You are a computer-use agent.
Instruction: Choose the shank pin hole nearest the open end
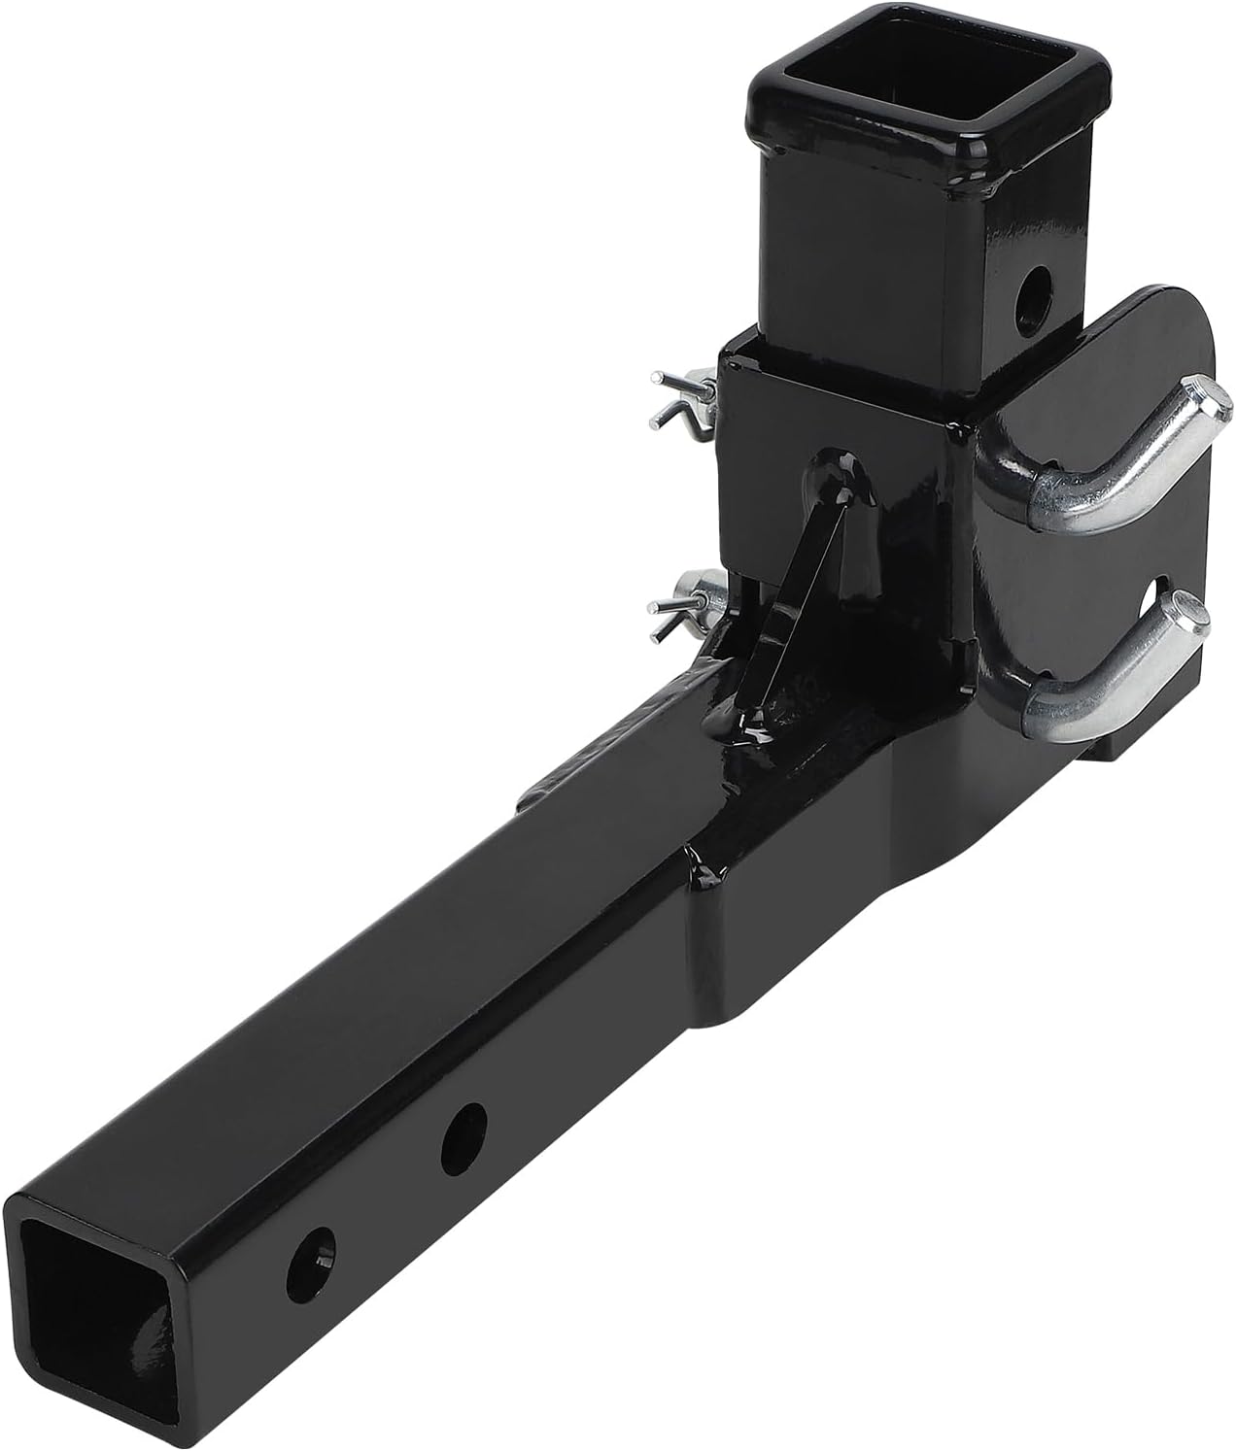pos(314,1253)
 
